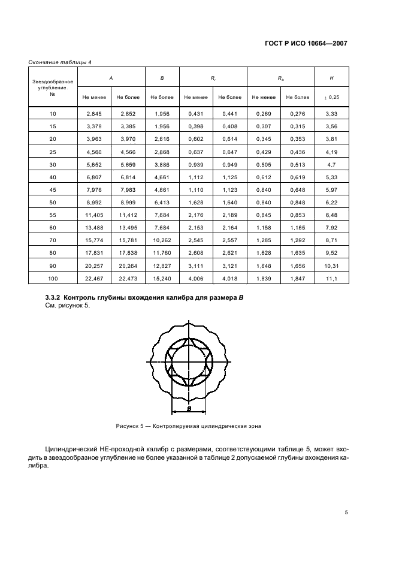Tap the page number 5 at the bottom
346,512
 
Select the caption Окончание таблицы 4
59,62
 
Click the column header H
331,78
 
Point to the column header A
111,78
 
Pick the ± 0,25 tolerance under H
331,96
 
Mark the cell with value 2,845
95,114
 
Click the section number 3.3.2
54,297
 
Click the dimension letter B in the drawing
189,409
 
